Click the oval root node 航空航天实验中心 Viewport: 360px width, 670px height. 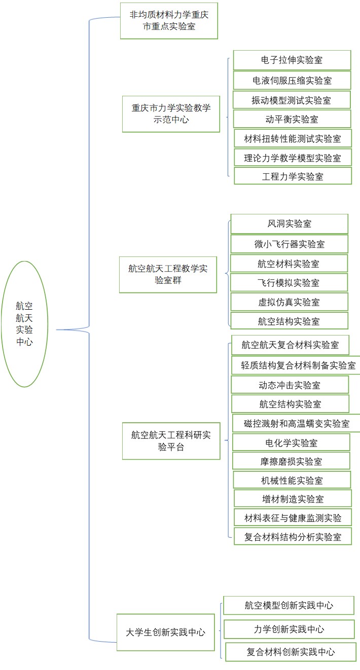tap(24, 324)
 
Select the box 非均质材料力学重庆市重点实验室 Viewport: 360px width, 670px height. tap(169, 21)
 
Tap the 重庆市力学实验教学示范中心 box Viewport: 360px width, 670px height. tap(171, 114)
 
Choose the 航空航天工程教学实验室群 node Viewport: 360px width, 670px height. tap(168, 275)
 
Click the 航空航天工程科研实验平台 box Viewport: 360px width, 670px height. tap(171, 441)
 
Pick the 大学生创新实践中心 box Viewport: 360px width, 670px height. tap(165, 632)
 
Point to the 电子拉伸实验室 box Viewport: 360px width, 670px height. tap(292, 60)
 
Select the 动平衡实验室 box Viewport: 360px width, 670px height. tap(292, 119)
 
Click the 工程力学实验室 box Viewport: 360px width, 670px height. tap(293, 176)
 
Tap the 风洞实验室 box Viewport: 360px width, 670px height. tap(289, 224)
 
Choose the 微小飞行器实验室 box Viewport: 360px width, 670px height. tap(289, 244)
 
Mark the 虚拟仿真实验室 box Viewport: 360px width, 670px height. tap(289, 302)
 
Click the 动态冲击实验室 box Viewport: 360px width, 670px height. tap(290, 385)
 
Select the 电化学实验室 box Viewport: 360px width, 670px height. tap(291, 442)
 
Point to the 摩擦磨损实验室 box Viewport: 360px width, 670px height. tap(291, 461)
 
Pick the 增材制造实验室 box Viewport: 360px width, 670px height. tap(293, 499)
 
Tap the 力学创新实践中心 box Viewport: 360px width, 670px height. tap(289, 629)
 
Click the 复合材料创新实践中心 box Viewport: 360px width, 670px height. tap(291, 652)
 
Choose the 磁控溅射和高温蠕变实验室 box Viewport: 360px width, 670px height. tap(297, 424)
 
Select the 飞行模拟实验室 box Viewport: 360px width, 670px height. tap(289, 283)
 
